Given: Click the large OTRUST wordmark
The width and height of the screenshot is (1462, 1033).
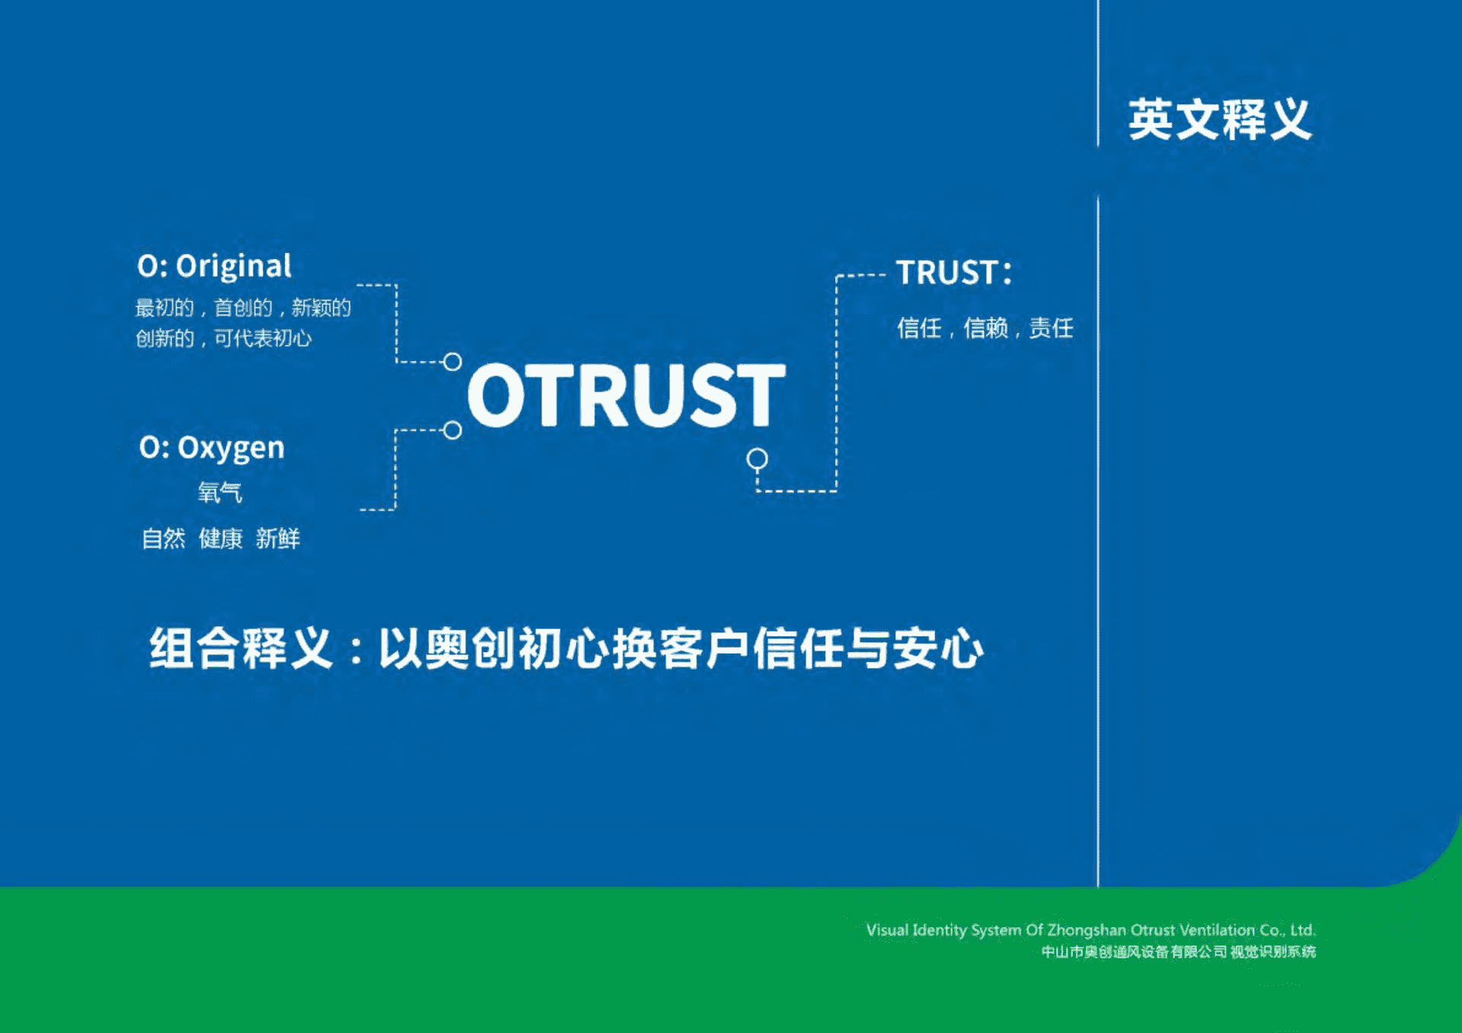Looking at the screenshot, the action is click(626, 395).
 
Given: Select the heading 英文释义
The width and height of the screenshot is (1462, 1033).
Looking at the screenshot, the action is click(1220, 120).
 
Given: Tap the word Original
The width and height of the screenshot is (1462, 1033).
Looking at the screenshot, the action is click(234, 267).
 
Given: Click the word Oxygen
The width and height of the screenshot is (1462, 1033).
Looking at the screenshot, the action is click(231, 448).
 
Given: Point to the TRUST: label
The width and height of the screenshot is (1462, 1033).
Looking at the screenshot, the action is click(954, 273).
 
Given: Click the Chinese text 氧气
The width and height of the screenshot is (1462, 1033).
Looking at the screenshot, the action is click(220, 492).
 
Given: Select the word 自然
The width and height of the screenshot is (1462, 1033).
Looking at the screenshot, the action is click(164, 539).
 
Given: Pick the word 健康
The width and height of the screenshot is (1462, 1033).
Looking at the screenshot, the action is click(221, 539).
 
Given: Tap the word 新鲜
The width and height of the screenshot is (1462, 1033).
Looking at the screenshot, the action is click(278, 539).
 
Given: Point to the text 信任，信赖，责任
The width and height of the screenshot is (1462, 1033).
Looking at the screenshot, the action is click(985, 328).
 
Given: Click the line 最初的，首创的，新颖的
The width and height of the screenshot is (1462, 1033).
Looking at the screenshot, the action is click(243, 308).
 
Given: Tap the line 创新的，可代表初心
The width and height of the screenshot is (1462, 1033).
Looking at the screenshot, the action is click(224, 338).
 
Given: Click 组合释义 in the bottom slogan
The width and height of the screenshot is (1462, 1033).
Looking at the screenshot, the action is click(241, 649).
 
